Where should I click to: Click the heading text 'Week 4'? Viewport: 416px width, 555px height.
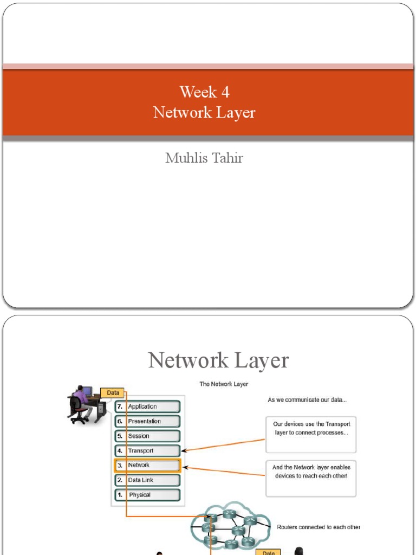pos(204,92)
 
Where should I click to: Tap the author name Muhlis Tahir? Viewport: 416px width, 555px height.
pos(204,158)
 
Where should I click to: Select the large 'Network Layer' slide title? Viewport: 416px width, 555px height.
pos(218,360)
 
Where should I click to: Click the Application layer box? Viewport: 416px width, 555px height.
pos(147,406)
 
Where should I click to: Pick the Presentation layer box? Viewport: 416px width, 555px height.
pos(147,421)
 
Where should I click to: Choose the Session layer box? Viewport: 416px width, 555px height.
pos(147,436)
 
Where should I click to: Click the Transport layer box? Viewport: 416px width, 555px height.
pos(147,450)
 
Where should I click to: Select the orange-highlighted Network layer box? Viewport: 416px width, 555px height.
pos(147,465)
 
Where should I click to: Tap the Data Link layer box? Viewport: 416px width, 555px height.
pos(147,480)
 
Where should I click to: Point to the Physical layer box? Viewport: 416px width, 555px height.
pos(147,494)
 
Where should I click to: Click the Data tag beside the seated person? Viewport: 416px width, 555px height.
pos(113,392)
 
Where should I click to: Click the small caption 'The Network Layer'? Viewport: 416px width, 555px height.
pos(224,384)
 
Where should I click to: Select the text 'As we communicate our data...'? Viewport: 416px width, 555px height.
pos(307,400)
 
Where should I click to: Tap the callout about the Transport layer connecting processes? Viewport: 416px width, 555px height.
pos(311,434)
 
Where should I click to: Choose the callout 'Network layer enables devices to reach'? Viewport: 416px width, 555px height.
pos(311,479)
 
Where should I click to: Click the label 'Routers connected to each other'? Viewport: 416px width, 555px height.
pos(318,527)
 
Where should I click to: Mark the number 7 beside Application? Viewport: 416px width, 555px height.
pos(120,406)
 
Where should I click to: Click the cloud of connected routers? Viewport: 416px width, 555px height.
pos(230,526)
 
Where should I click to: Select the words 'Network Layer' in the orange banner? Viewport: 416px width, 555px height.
pos(204,113)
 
